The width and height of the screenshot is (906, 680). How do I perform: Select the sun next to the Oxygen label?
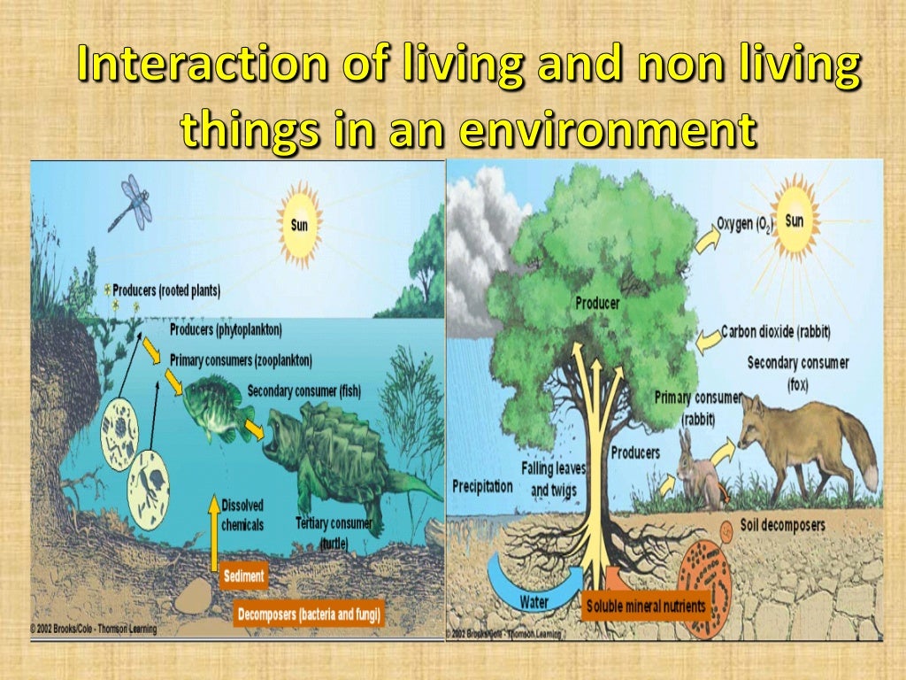pyautogui.click(x=795, y=219)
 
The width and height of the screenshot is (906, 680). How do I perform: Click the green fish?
pyautogui.click(x=214, y=406)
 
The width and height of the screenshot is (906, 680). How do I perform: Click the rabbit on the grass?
pyautogui.click(x=697, y=473)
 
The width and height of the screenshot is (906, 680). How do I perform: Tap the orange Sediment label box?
pyautogui.click(x=243, y=576)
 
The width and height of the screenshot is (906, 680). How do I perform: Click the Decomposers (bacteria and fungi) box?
pyautogui.click(x=309, y=613)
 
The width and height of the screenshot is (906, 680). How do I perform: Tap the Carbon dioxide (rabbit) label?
pyautogui.click(x=781, y=332)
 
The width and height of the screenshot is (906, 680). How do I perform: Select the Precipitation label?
pyautogui.click(x=482, y=485)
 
